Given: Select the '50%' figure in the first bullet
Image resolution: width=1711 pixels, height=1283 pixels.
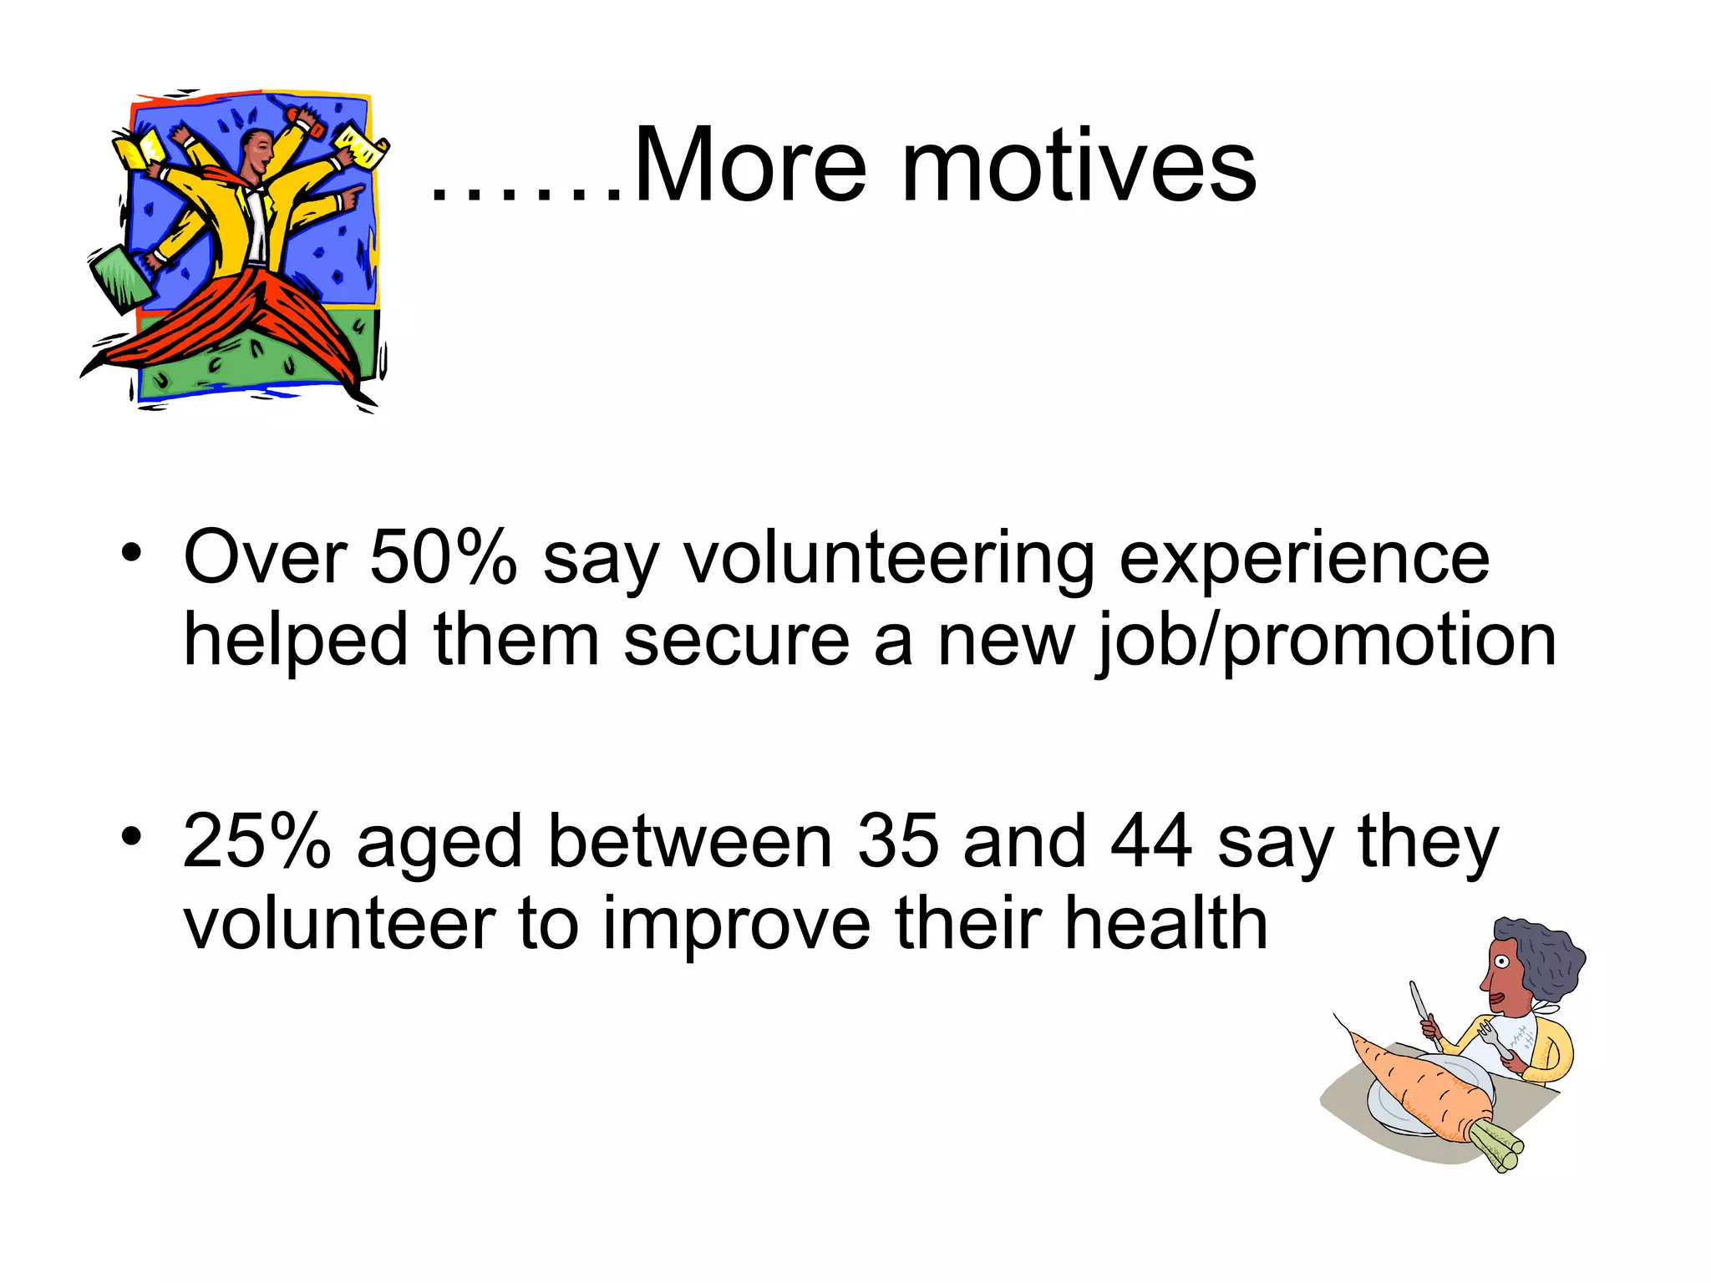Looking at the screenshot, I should [x=444, y=557].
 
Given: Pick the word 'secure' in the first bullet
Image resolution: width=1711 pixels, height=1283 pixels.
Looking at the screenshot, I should [x=736, y=641].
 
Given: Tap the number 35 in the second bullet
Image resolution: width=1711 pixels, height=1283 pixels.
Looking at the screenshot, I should [x=898, y=841].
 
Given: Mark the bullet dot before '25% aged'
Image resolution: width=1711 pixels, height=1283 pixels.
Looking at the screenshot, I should [x=131, y=836].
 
